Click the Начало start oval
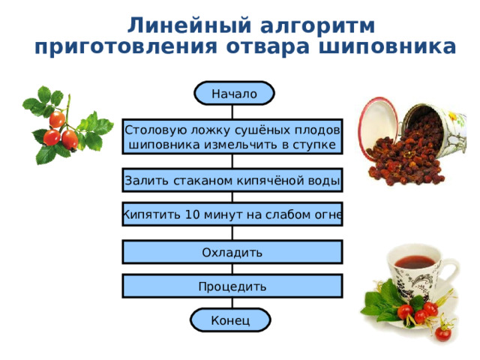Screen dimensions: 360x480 (233, 94)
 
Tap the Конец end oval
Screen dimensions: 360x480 (230, 320)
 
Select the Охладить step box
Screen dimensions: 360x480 (232, 252)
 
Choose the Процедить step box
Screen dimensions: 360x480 (232, 286)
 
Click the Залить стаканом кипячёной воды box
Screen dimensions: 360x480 (232, 181)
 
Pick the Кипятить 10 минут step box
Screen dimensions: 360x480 (232, 215)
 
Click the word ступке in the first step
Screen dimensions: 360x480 (316, 143)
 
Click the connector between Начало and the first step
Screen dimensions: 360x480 (232, 112)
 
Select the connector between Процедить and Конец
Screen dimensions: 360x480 (232, 303)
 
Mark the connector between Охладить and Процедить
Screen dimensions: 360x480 (232, 269)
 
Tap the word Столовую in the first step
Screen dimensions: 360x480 (150, 128)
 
